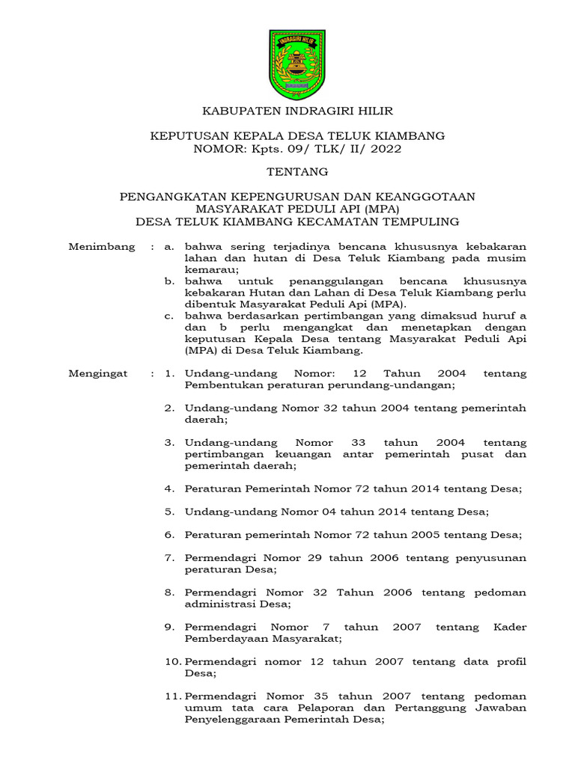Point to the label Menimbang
[102, 246]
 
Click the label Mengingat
[98, 373]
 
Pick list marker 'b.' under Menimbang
[171, 281]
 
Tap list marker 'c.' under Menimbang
[171, 316]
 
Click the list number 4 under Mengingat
[169, 488]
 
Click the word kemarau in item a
[210, 269]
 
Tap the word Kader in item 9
[510, 627]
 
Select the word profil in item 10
[510, 661]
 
